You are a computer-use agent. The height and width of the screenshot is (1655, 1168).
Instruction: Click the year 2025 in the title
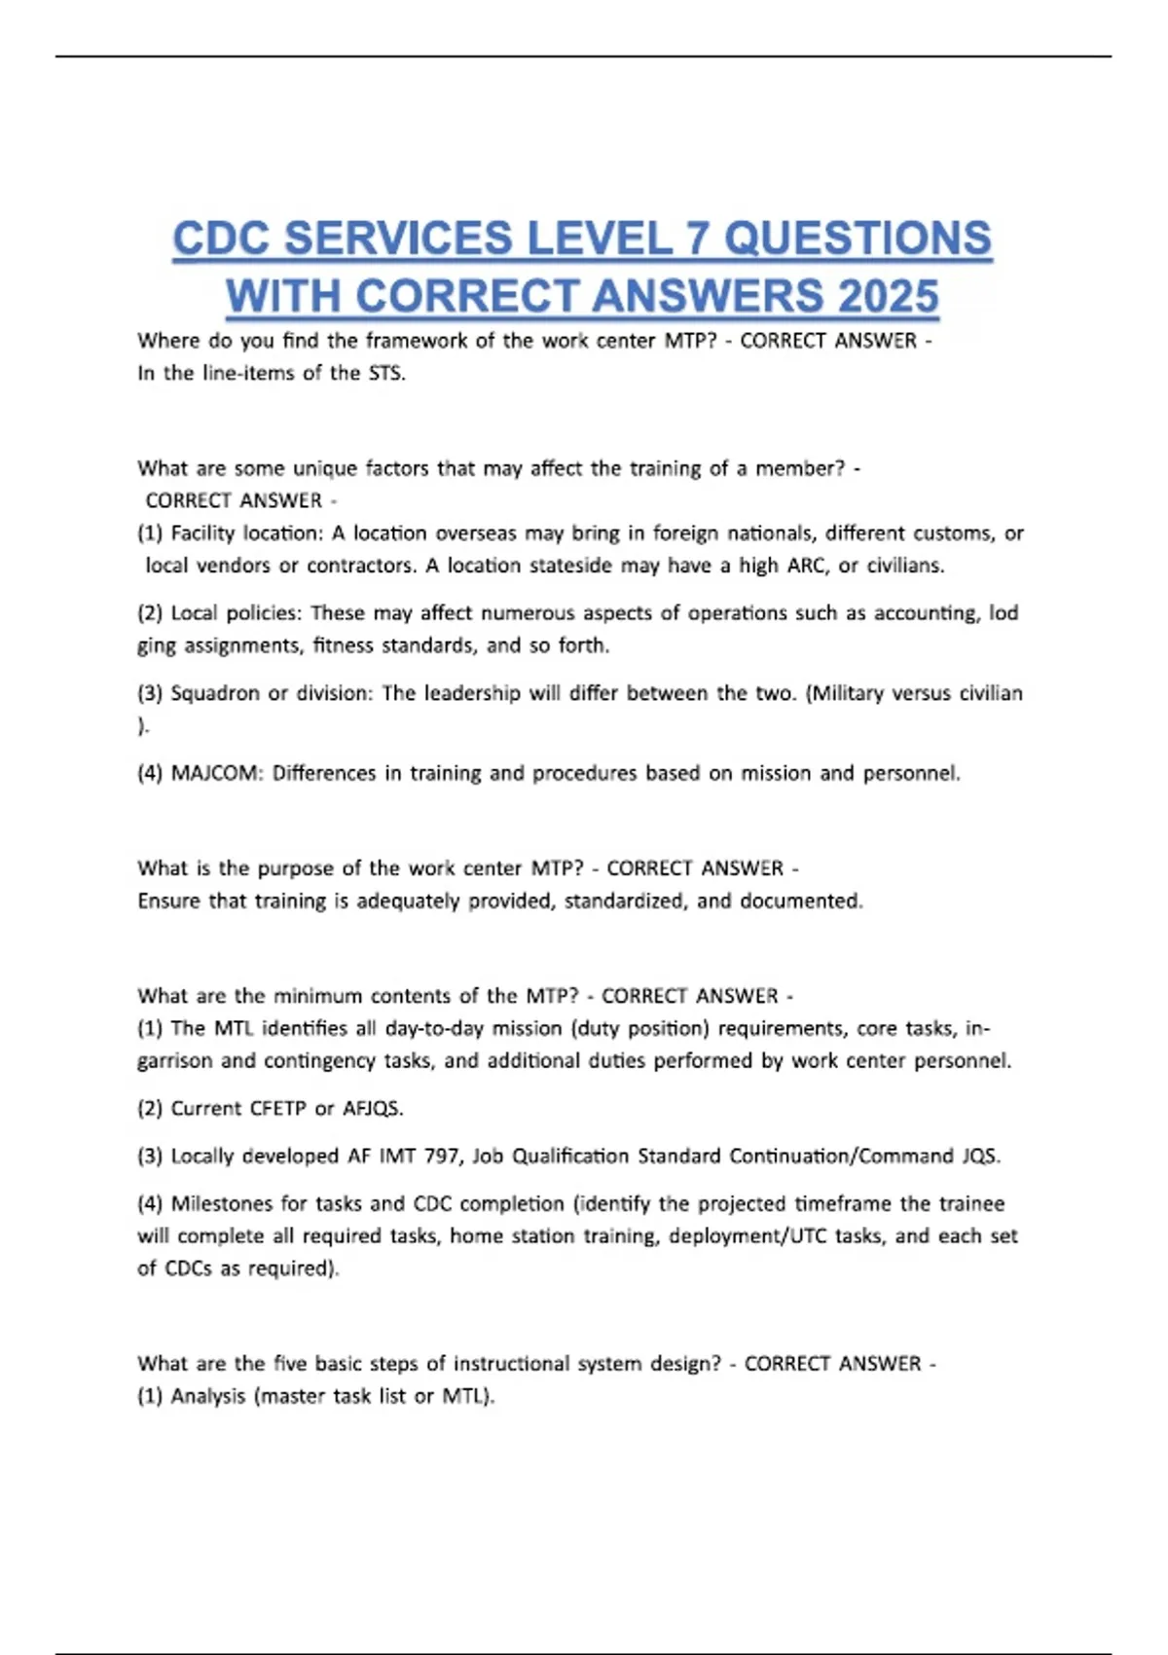pos(887,296)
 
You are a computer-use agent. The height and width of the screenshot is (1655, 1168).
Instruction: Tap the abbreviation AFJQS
pos(373,1108)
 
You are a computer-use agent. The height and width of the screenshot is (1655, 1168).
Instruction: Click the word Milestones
pos(221,1203)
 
